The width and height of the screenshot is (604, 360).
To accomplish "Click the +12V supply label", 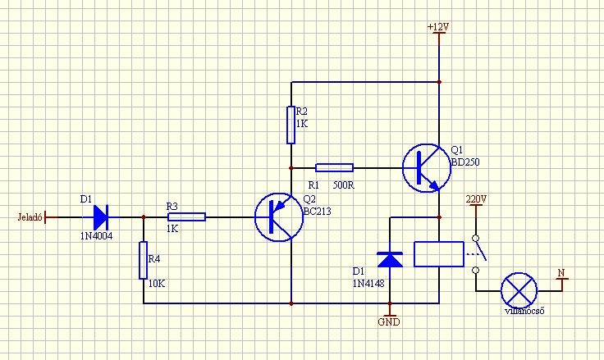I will coord(438,27).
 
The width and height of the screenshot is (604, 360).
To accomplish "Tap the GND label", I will coord(389,322).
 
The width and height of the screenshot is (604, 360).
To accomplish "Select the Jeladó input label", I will coord(29,217).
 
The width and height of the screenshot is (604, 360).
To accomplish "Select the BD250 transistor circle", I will coord(425,167).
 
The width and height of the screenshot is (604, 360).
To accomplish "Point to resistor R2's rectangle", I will coord(291,124).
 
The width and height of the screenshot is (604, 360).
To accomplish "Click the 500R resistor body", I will coord(335,167).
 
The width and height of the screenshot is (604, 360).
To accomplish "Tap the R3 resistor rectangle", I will coord(186,217).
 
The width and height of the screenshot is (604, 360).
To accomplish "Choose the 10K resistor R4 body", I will coord(144,262).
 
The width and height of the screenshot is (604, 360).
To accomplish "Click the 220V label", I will coord(476,199).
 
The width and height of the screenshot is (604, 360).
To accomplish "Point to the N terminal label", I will coord(561,272).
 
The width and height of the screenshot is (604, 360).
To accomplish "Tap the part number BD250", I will coord(464,162).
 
